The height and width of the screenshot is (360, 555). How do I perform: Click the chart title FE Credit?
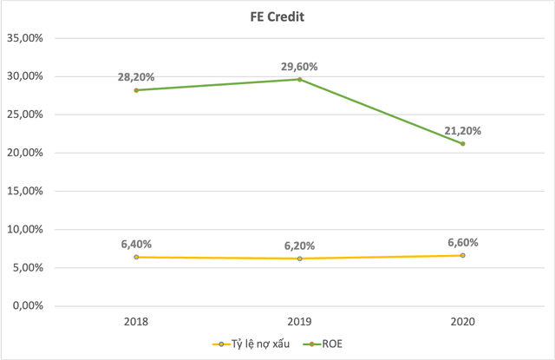pyautogui.click(x=278, y=16)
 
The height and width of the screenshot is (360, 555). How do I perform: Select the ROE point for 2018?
pyautogui.click(x=137, y=90)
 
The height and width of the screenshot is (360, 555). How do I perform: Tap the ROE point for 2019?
pyautogui.click(x=300, y=79)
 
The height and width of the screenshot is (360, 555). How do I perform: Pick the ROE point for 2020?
pyautogui.click(x=463, y=143)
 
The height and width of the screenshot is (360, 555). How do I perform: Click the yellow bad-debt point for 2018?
pyautogui.click(x=137, y=257)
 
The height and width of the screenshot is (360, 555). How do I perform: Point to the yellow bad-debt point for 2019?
pyautogui.click(x=300, y=259)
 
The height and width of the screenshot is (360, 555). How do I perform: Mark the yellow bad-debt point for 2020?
pyautogui.click(x=463, y=255)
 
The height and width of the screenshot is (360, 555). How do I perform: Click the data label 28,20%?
pyautogui.click(x=137, y=77)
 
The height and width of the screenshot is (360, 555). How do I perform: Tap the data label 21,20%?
pyautogui.click(x=463, y=131)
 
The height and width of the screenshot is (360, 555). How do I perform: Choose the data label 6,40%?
pyautogui.click(x=137, y=244)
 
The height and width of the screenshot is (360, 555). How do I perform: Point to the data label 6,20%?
pyautogui.click(x=300, y=245)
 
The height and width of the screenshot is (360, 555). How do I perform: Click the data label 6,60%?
pyautogui.click(x=463, y=242)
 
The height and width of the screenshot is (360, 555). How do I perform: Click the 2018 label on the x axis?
pyautogui.click(x=137, y=321)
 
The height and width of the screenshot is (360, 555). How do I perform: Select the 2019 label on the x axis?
pyautogui.click(x=300, y=321)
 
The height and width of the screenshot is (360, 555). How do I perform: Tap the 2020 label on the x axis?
pyautogui.click(x=463, y=321)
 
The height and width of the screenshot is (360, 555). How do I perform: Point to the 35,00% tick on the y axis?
pyautogui.click(x=29, y=38)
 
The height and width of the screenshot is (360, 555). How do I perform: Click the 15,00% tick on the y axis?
pyautogui.click(x=29, y=191)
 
